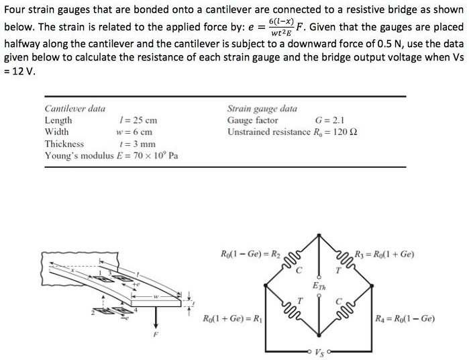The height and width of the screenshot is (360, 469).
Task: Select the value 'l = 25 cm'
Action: (138, 121)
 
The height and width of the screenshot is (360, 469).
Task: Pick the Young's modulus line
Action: (111, 155)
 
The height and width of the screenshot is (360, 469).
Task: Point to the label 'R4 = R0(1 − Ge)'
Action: (406, 318)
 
